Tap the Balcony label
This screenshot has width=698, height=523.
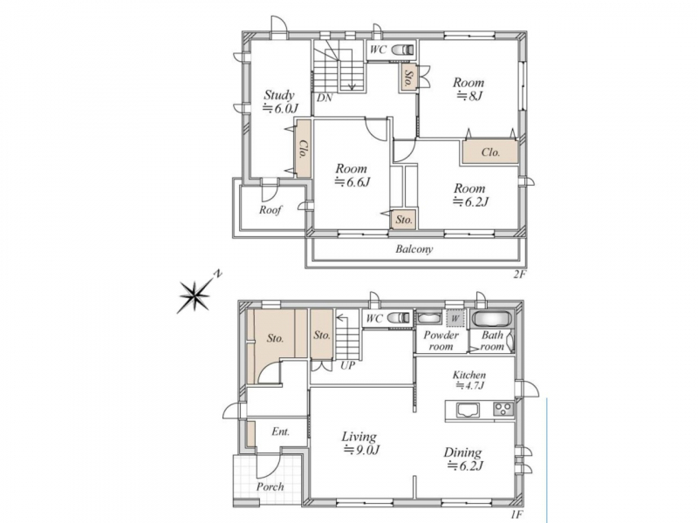pyautogui.click(x=414, y=249)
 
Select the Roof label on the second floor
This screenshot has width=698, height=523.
pyautogui.click(x=270, y=209)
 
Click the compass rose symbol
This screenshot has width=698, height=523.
pyautogui.click(x=195, y=295)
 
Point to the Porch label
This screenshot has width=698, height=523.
pyautogui.click(x=270, y=486)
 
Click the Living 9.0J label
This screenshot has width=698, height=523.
pyautogui.click(x=360, y=443)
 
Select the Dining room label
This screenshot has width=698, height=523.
pyautogui.click(x=463, y=459)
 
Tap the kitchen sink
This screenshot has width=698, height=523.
pyautogui.click(x=468, y=410)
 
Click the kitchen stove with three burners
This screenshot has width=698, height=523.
pyautogui.click(x=503, y=409)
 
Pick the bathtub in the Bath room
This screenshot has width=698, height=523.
pyautogui.click(x=491, y=319)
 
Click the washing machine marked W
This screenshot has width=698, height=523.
pyautogui.click(x=455, y=319)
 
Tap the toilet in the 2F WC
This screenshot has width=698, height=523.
pyautogui.click(x=402, y=50)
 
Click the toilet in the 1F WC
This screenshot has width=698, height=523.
pyautogui.click(x=399, y=318)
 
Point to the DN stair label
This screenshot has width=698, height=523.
pyautogui.click(x=325, y=98)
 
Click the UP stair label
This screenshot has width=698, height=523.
pyautogui.click(x=348, y=365)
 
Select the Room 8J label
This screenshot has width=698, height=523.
pyautogui.click(x=469, y=89)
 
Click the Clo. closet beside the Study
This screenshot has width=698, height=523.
pyautogui.click(x=303, y=148)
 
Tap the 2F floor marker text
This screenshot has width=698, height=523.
pyautogui.click(x=520, y=275)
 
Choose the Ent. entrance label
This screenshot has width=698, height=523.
pyautogui.click(x=280, y=431)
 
